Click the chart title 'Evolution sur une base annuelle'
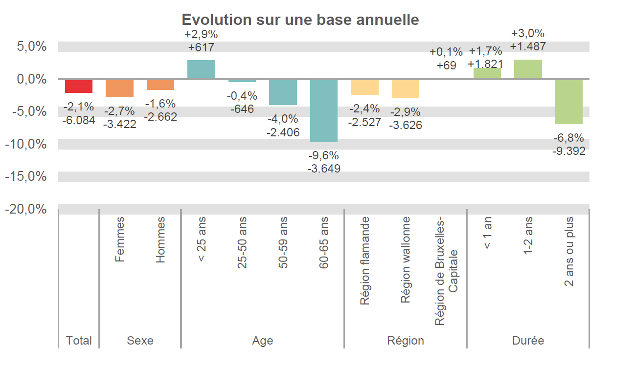300,20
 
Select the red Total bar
79,86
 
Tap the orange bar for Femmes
119,88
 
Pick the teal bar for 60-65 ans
324,110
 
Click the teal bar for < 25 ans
201,69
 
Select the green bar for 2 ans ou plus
568,102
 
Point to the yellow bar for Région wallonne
405,89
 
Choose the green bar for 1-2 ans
528,69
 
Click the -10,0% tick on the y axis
32,144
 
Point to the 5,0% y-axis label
32,47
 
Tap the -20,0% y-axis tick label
32,209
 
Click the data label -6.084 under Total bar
78,119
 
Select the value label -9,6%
323,156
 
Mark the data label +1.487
528,46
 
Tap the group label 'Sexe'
140,341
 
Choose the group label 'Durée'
528,341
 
